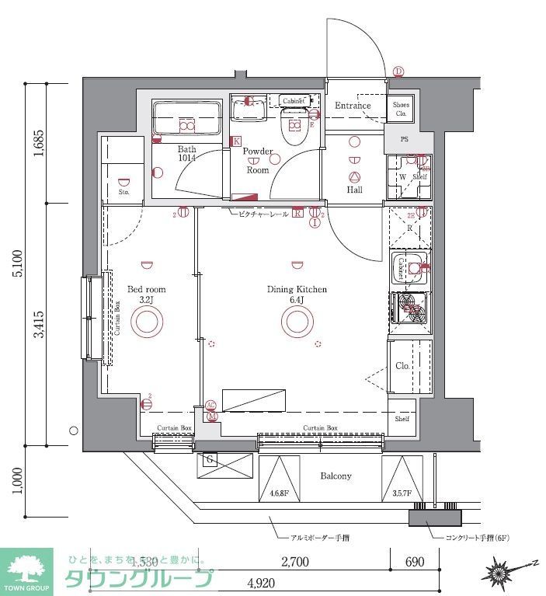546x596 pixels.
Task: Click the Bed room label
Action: tap(147, 294)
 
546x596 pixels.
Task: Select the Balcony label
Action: tap(336, 476)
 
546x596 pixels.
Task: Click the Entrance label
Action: tap(353, 106)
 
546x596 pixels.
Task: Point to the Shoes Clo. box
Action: tap(401, 109)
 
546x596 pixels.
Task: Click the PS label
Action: tap(404, 140)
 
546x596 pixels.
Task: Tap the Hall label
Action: tap(355, 190)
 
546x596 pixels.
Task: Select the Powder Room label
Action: tap(257, 160)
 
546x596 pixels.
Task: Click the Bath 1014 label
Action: tap(186, 153)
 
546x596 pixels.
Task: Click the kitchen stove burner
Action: tap(410, 308)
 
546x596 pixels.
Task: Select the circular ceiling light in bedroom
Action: tap(146, 320)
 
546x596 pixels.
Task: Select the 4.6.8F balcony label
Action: tap(279, 493)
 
